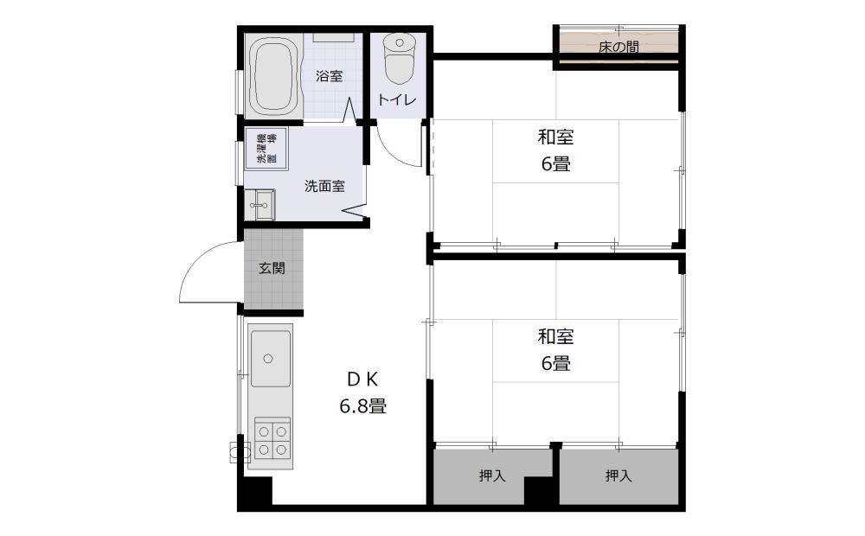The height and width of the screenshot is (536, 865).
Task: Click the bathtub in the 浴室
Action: click(x=273, y=76)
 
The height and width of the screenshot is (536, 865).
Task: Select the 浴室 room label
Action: click(x=330, y=76)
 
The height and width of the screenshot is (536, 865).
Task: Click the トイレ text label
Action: click(x=397, y=99)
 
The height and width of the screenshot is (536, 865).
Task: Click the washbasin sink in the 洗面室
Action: click(x=259, y=205)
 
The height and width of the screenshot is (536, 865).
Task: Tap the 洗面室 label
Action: click(x=325, y=187)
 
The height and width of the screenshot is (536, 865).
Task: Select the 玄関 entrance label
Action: click(x=272, y=269)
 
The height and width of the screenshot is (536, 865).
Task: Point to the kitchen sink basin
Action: click(x=270, y=359)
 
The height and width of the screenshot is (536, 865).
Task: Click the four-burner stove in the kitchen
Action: click(x=272, y=441)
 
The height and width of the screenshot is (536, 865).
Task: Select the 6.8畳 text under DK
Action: click(x=362, y=406)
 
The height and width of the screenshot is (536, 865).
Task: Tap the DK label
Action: click(x=362, y=379)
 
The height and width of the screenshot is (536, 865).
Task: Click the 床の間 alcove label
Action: click(x=618, y=48)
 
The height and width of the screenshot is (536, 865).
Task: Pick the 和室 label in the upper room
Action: click(x=555, y=137)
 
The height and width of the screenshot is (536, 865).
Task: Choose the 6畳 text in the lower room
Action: click(x=555, y=363)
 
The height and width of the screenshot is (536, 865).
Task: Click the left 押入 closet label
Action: click(x=492, y=475)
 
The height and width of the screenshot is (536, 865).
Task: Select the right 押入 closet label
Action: click(x=618, y=475)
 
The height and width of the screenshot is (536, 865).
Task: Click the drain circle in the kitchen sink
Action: click(x=268, y=359)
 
